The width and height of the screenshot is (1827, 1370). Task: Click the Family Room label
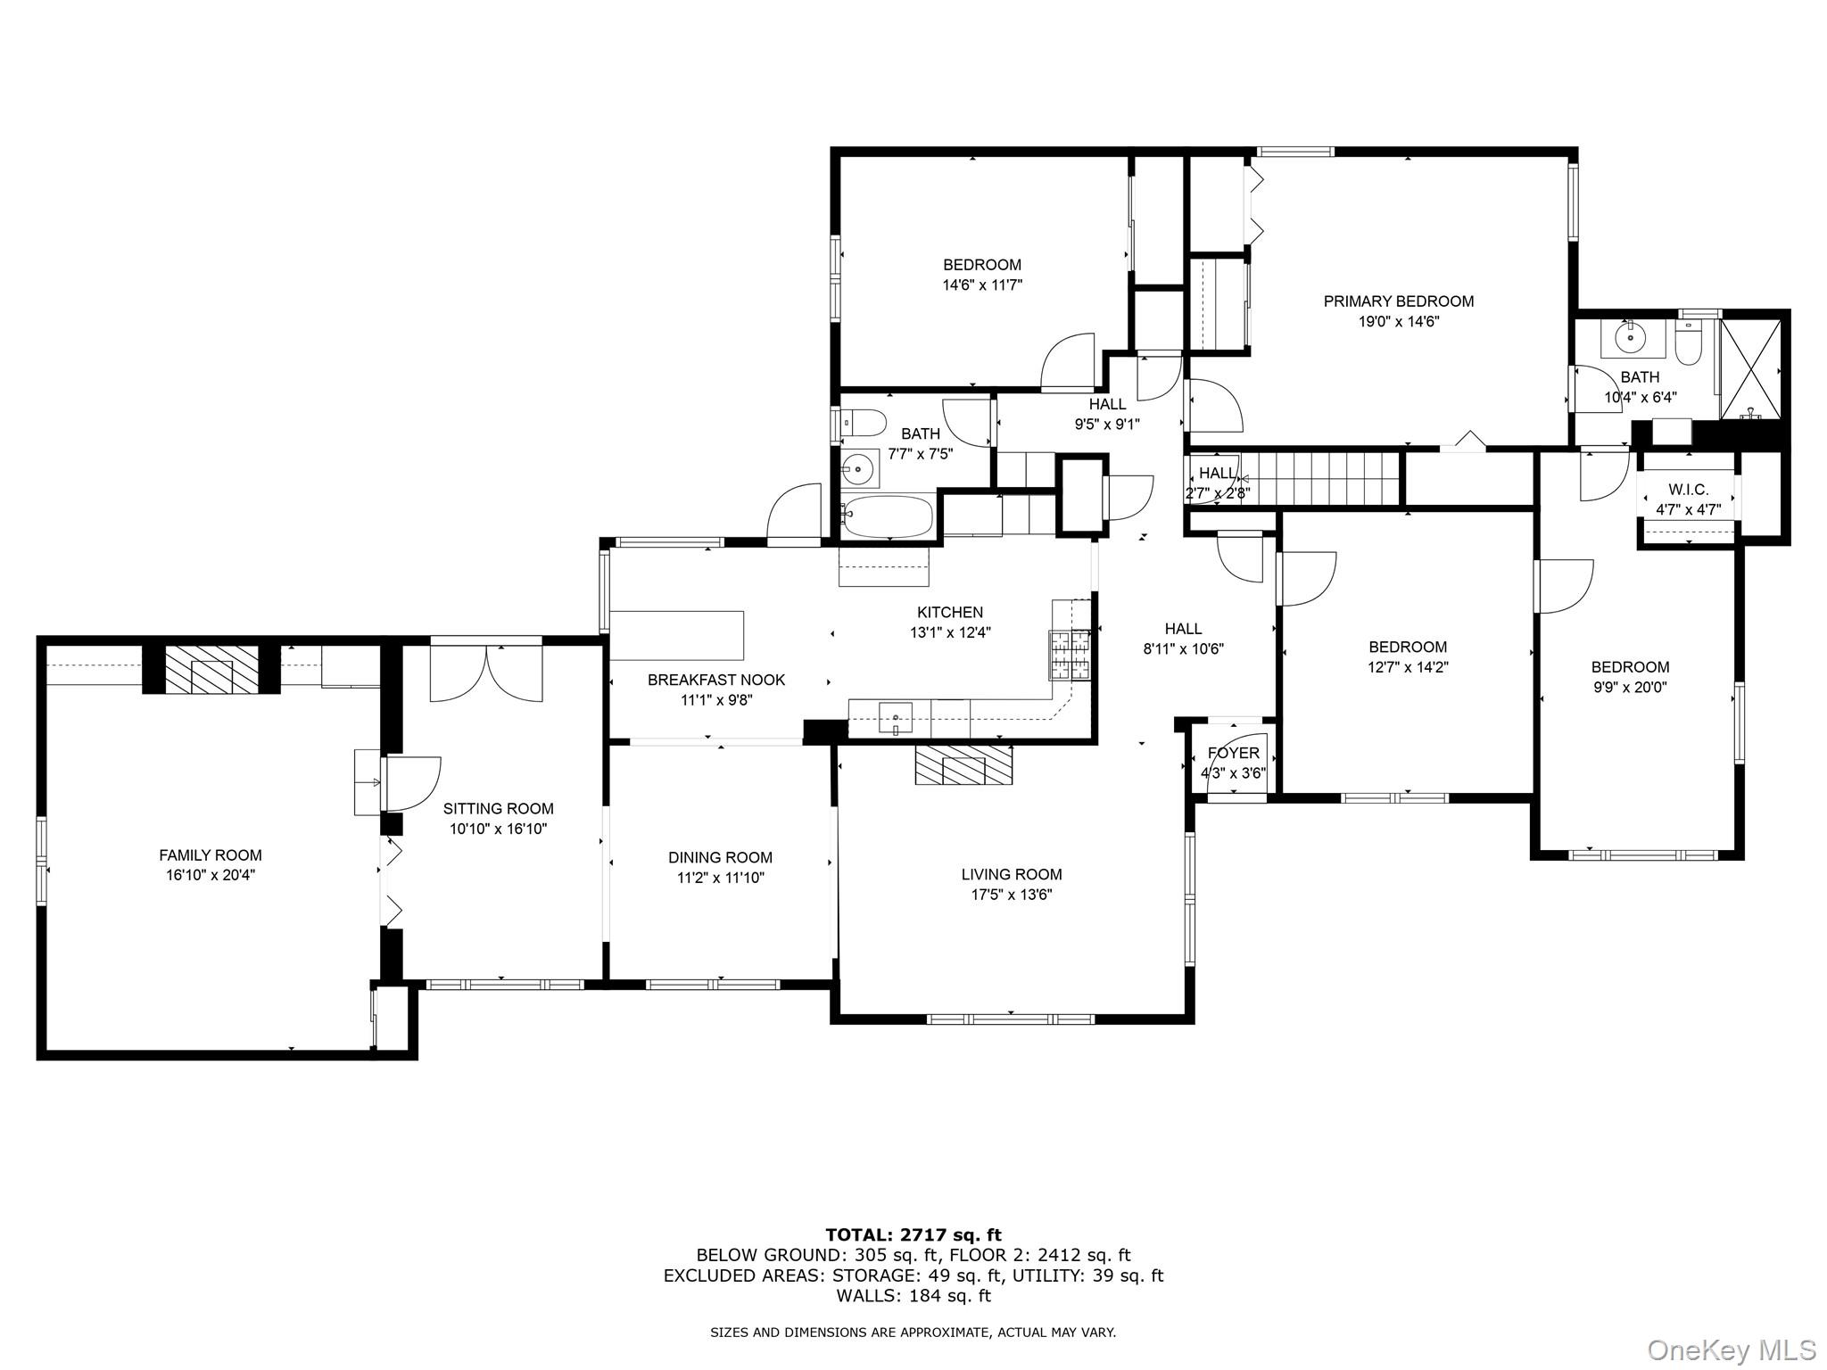pos(211,855)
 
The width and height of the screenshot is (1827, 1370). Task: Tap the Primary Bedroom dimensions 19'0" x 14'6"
pos(1399,322)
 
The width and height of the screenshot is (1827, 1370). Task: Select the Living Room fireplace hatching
pos(963,765)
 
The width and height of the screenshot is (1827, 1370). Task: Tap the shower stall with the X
pos(1751,368)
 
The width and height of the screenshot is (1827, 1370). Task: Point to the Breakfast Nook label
pos(716,680)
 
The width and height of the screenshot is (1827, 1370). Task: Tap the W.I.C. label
pos(1688,491)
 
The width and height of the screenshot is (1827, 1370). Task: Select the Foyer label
pos(1233,754)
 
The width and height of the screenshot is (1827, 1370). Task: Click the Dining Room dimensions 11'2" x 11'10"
pos(720,878)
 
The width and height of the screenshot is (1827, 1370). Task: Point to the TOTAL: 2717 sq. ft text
pos(913,1235)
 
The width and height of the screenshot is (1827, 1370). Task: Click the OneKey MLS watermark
pos(1731,1349)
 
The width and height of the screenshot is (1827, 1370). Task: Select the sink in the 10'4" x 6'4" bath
pos(1632,337)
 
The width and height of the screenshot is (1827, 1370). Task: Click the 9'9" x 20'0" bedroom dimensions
pos(1630,688)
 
